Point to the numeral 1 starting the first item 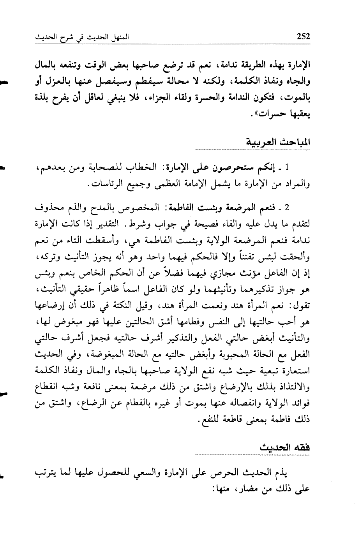pyautogui.click(x=287, y=168)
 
